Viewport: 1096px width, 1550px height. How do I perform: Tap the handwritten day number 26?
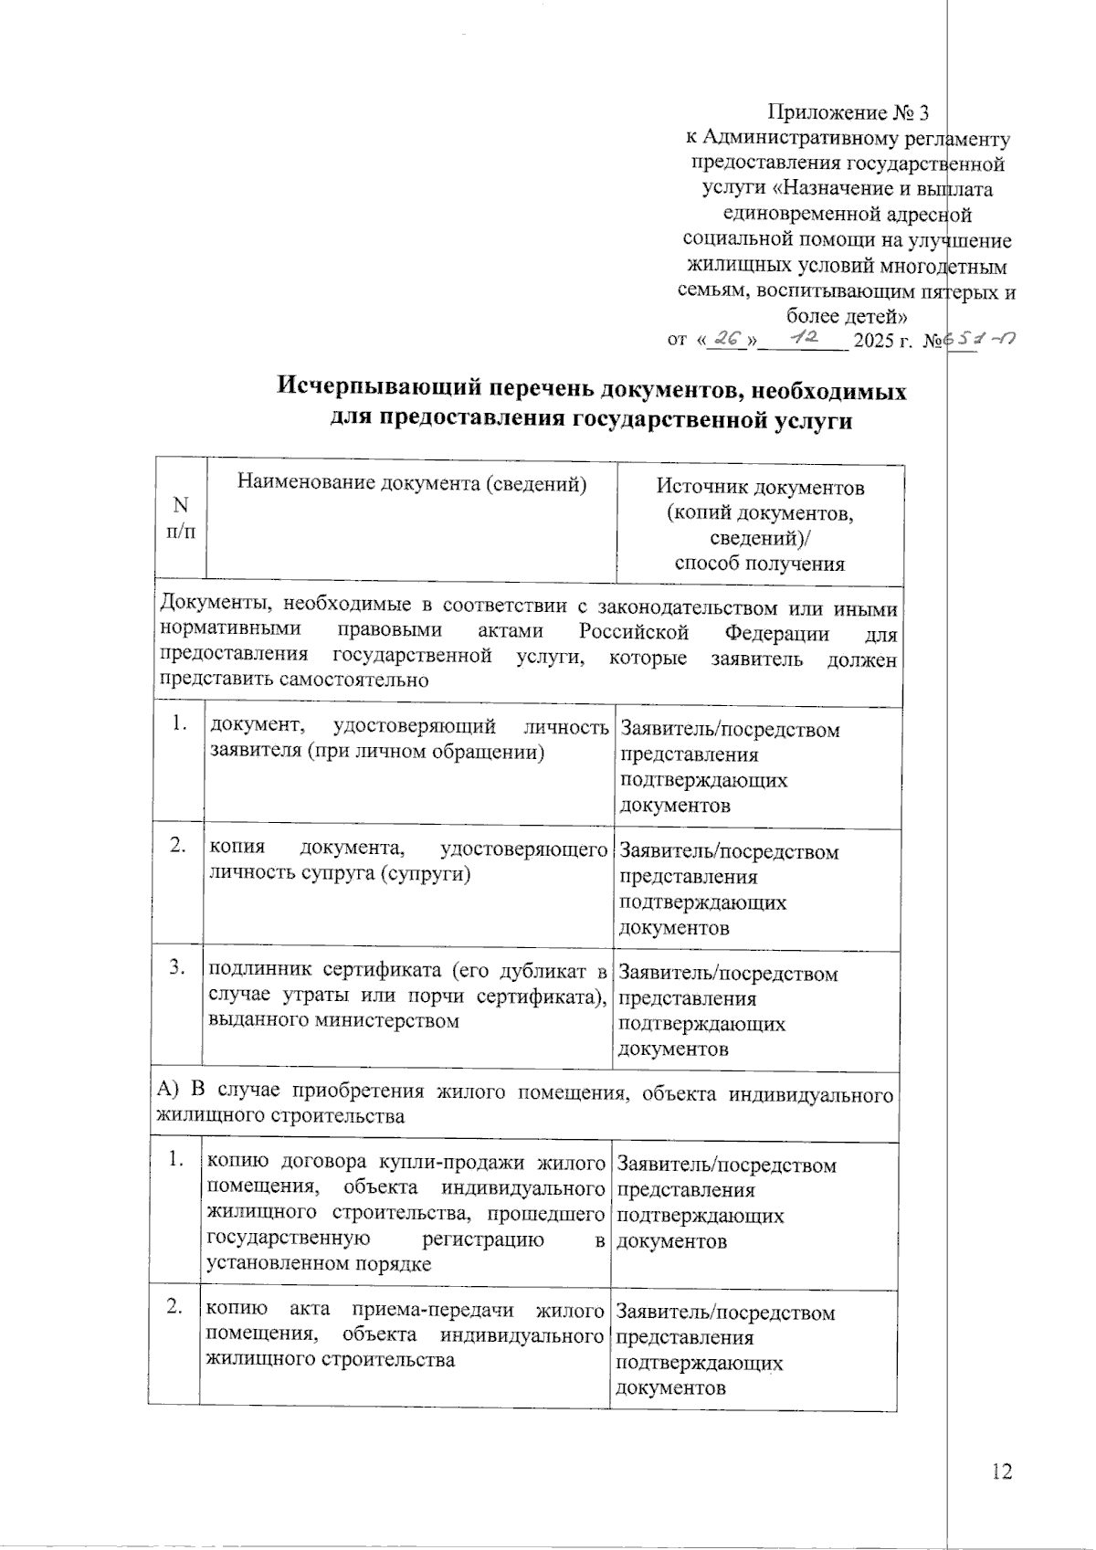[x=729, y=339]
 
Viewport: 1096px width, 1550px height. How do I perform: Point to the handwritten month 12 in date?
[x=804, y=338]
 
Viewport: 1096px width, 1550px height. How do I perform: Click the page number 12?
[x=1001, y=1471]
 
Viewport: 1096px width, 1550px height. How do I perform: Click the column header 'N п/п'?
[x=180, y=518]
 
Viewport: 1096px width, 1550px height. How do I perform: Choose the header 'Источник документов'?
[x=761, y=487]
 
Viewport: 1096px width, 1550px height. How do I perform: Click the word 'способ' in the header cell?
[x=709, y=564]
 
